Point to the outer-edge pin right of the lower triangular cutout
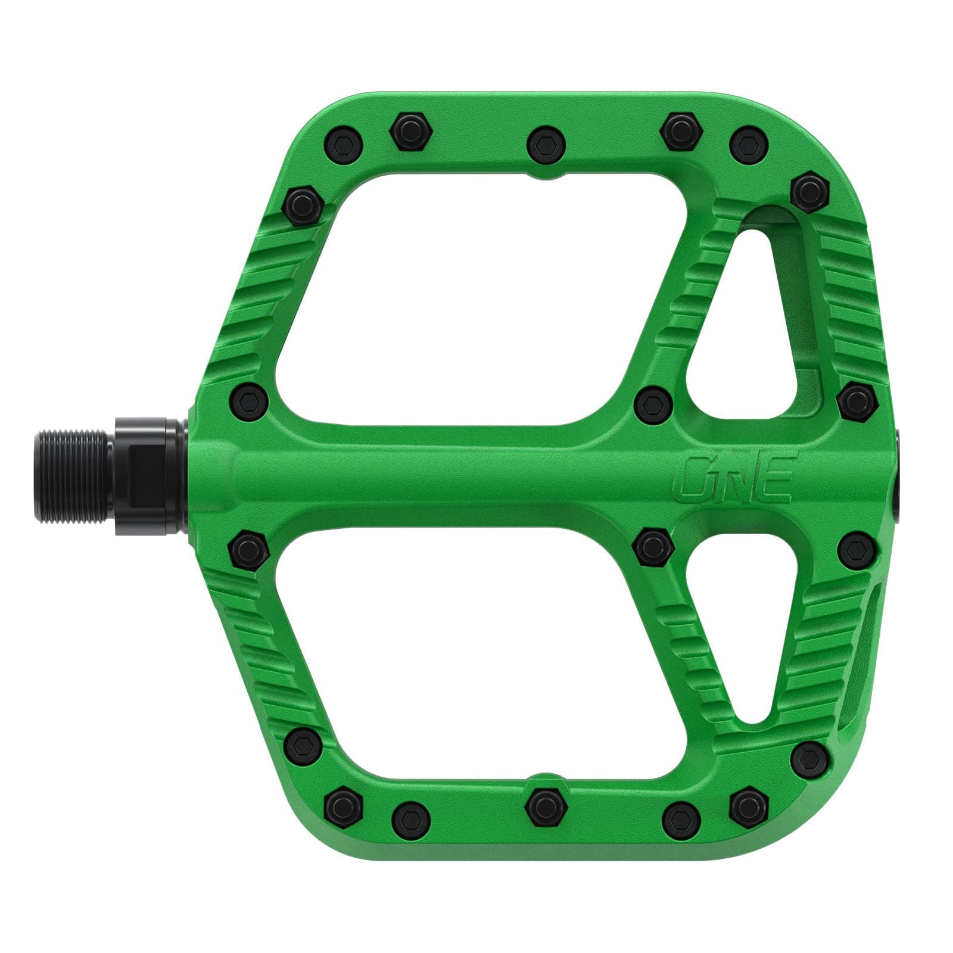click(855, 549)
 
